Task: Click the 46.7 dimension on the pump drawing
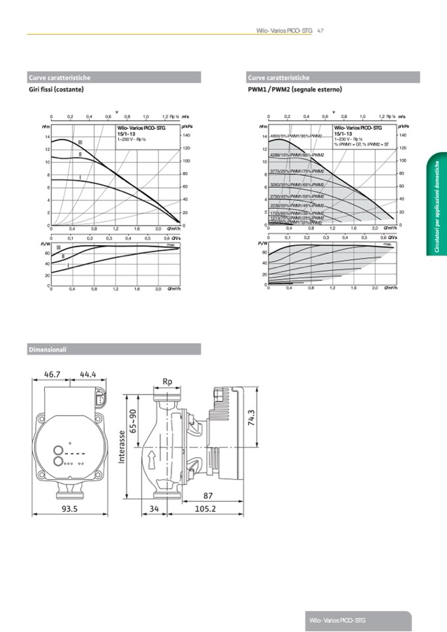pyautogui.click(x=51, y=374)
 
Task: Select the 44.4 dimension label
pyautogui.click(x=88, y=374)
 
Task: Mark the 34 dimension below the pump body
pyautogui.click(x=155, y=509)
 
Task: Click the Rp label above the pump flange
pyautogui.click(x=167, y=382)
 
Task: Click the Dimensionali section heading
pyautogui.click(x=47, y=349)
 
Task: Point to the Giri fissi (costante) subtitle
pyautogui.click(x=55, y=89)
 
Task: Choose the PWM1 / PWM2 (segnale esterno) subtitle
pyautogui.click(x=294, y=89)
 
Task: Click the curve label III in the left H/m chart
pyautogui.click(x=80, y=142)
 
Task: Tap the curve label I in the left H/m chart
pyautogui.click(x=80, y=177)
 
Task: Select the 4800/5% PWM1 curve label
pyautogui.click(x=297, y=136)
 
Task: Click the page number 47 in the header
pyautogui.click(x=320, y=30)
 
